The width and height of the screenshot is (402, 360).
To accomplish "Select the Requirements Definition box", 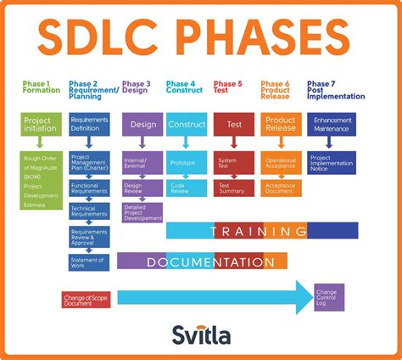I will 89,124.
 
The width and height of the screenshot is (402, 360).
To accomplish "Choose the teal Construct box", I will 186,125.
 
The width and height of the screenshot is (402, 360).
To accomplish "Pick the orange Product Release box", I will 280,125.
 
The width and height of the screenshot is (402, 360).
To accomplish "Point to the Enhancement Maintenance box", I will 332,125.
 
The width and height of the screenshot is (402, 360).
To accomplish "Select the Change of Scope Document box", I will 87,299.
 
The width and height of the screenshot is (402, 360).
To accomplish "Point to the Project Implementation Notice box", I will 332,162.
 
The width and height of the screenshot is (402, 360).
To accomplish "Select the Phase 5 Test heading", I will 227,87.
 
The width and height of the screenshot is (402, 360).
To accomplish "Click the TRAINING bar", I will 260,230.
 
